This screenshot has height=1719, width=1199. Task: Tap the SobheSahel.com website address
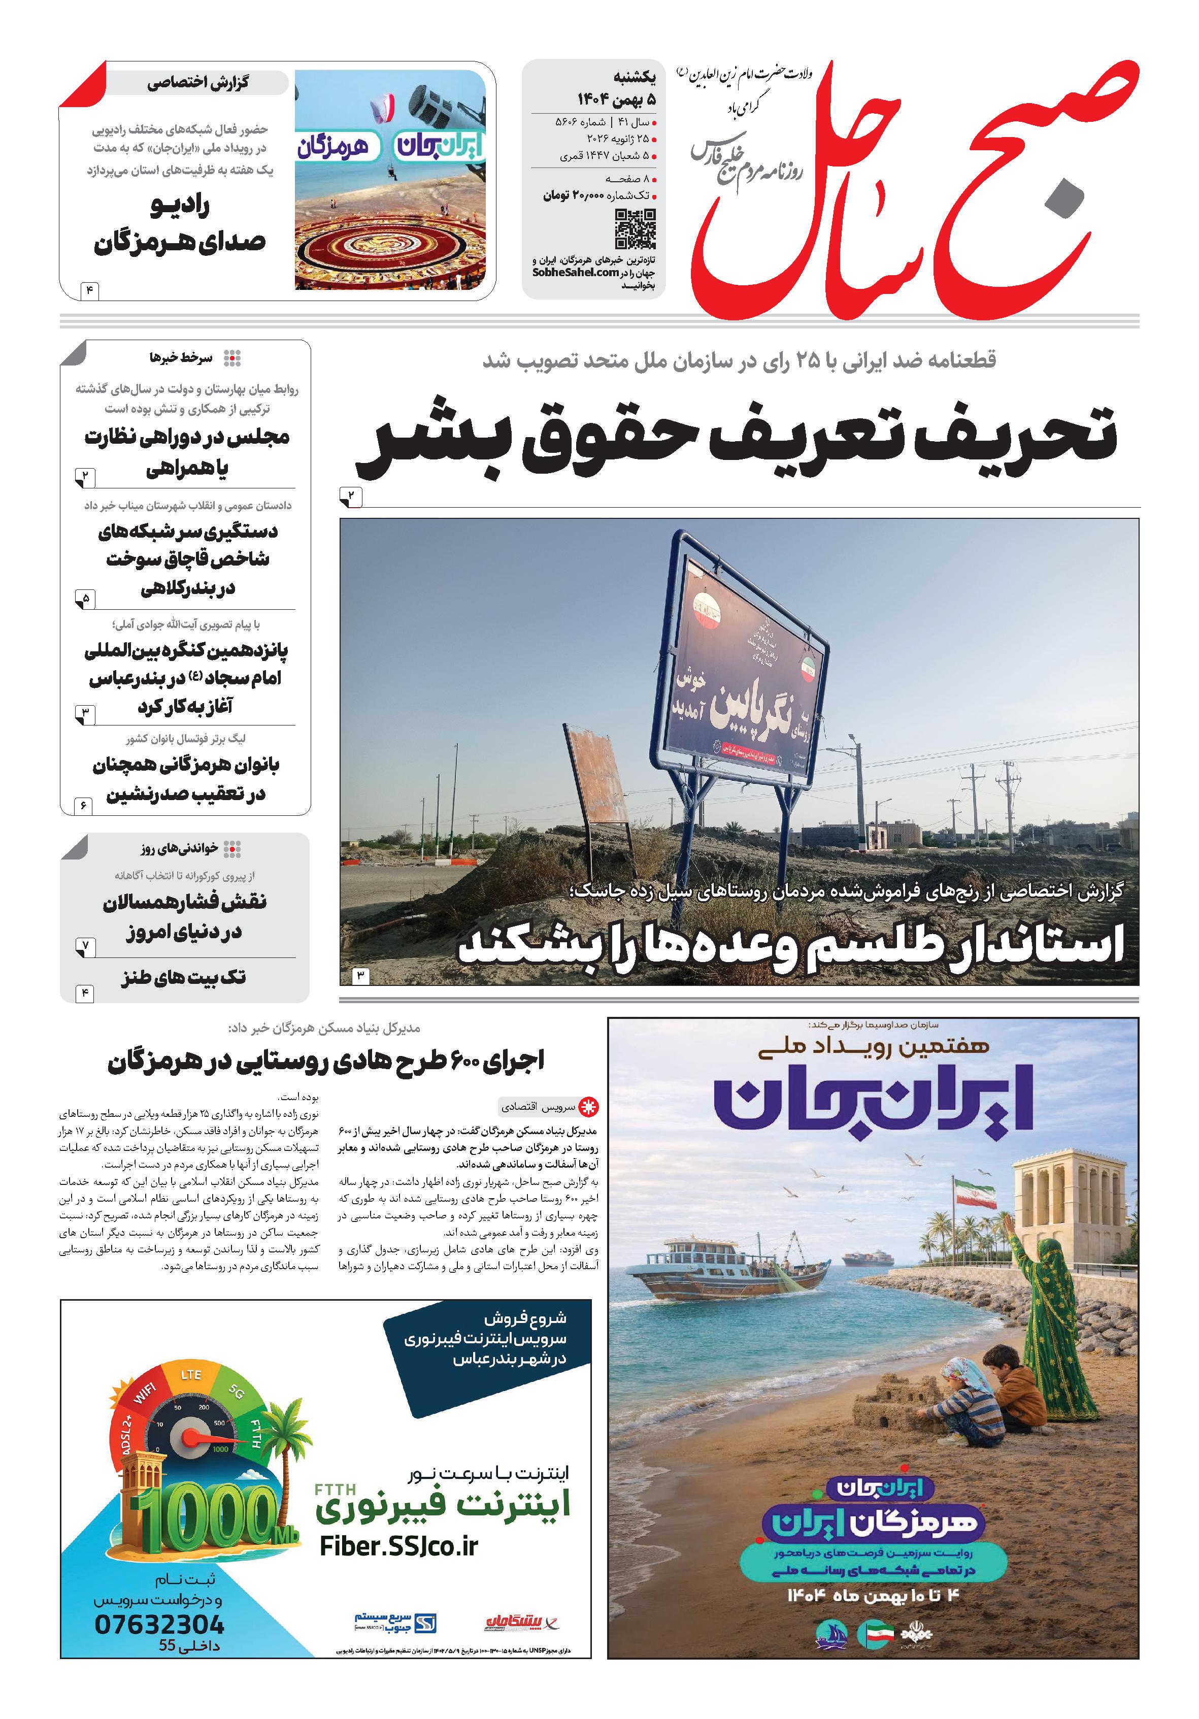click(576, 273)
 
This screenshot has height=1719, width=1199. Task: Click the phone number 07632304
click(159, 1624)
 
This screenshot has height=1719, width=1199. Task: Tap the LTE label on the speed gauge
click(191, 1375)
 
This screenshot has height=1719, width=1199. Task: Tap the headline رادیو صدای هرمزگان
click(180, 224)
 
